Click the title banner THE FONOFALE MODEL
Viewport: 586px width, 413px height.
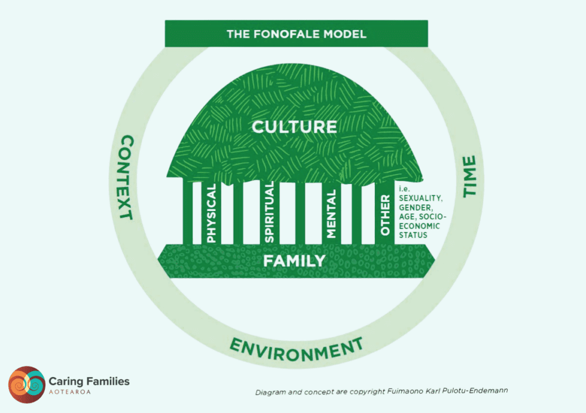pos(296,33)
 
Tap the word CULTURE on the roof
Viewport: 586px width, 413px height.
pos(294,127)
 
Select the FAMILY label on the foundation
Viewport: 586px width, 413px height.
pos(294,261)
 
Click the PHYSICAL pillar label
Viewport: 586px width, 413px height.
pos(211,213)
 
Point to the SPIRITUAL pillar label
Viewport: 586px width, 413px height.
pos(268,212)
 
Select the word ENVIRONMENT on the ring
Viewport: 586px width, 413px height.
pos(297,349)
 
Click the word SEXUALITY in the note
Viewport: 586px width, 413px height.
pos(419,198)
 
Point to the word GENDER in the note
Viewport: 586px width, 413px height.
pos(414,207)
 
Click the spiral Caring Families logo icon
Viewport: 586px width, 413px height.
pos(26,384)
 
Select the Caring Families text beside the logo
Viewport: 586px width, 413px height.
pos(88,381)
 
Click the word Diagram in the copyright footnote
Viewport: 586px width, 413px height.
pos(269,392)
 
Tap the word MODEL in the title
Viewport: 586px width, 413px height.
pos(346,33)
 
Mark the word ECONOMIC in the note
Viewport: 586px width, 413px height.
pos(419,226)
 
